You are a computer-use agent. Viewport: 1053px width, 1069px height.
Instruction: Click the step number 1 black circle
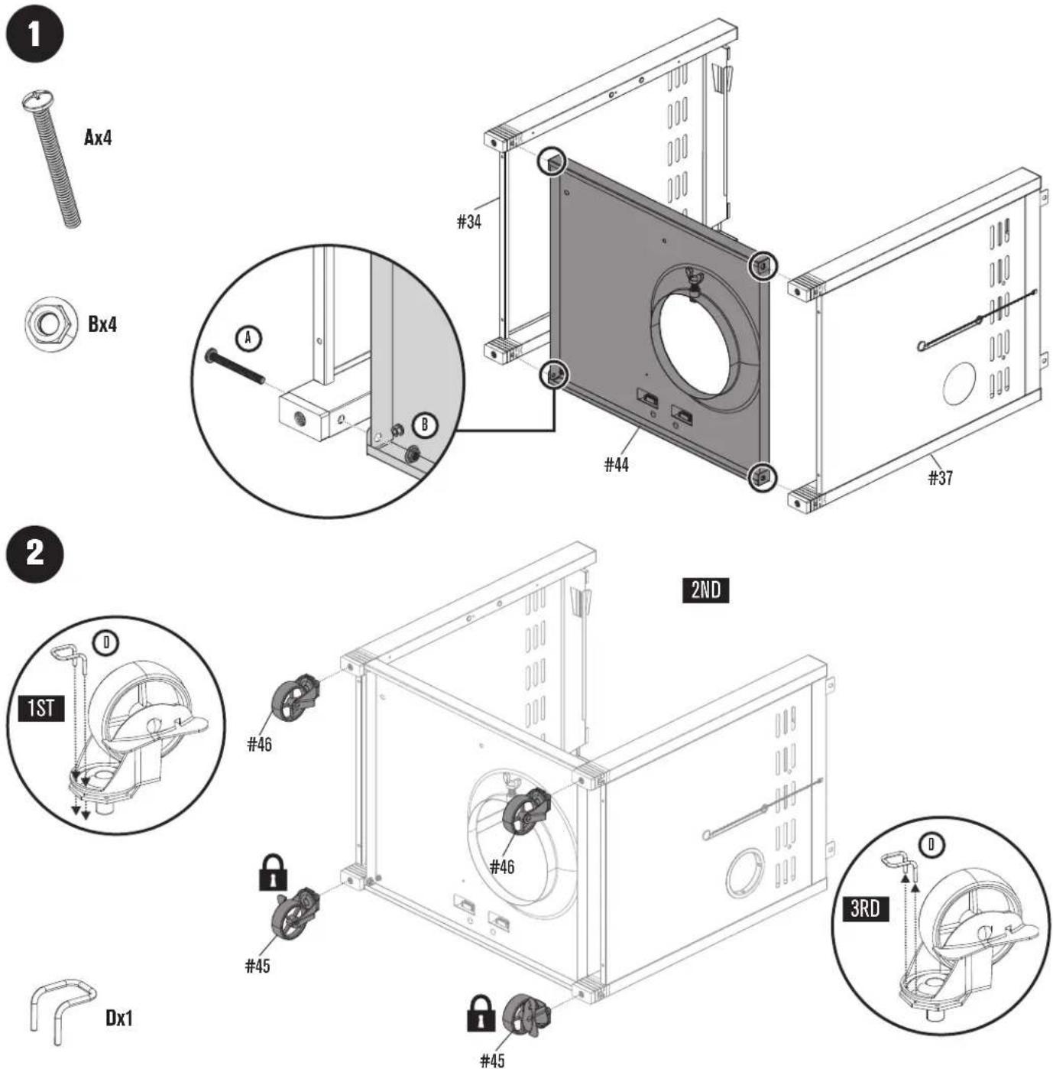[34, 34]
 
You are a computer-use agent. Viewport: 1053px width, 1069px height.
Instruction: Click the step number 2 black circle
[34, 554]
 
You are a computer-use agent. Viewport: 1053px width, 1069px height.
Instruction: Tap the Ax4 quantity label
[98, 137]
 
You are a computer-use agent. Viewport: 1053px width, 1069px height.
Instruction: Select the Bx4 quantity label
[102, 324]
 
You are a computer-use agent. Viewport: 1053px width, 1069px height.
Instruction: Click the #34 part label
[469, 222]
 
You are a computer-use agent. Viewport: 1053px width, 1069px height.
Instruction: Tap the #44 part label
[616, 464]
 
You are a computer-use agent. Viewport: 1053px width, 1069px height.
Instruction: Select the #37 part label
[941, 478]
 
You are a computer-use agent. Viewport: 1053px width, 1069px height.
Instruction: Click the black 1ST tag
[41, 708]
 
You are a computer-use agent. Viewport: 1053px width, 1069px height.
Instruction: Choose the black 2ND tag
[705, 590]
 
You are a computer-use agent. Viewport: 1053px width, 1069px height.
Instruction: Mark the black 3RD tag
[866, 908]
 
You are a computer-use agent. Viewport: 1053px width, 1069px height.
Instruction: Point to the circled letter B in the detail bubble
[426, 425]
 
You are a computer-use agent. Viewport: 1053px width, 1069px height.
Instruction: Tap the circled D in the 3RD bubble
[931, 845]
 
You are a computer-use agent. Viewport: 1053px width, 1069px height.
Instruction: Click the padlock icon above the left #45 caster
[274, 872]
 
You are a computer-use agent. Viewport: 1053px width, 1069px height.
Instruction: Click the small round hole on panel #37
[960, 383]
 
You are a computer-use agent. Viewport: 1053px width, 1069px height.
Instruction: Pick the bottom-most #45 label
[492, 1060]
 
